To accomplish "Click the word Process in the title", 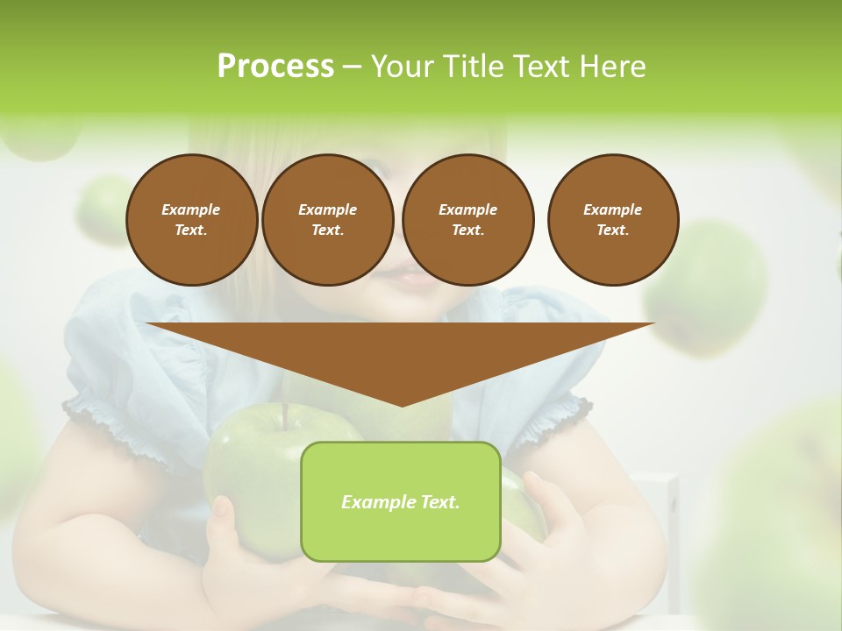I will tap(275, 67).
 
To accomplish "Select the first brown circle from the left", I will tap(191, 220).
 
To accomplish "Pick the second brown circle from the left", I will tap(327, 220).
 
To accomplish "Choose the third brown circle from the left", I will tap(467, 220).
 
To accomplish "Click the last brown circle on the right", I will tap(612, 220).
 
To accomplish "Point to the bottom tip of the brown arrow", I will tap(402, 405).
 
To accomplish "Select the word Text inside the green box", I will tap(437, 502).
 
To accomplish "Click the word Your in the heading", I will tap(395, 67).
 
